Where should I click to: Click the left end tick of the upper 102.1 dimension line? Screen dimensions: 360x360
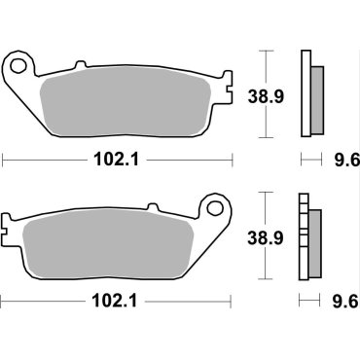(x=3, y=159)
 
